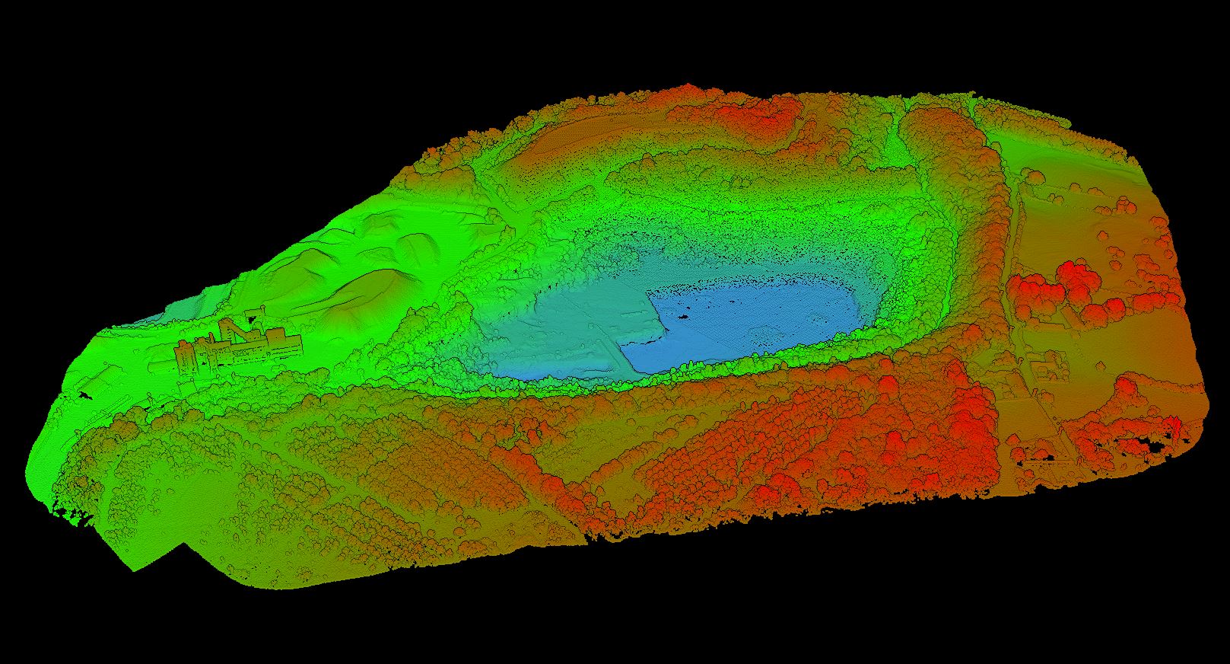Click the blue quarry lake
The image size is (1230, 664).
coord(753,320)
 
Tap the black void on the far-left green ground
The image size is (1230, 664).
coord(84,394)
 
